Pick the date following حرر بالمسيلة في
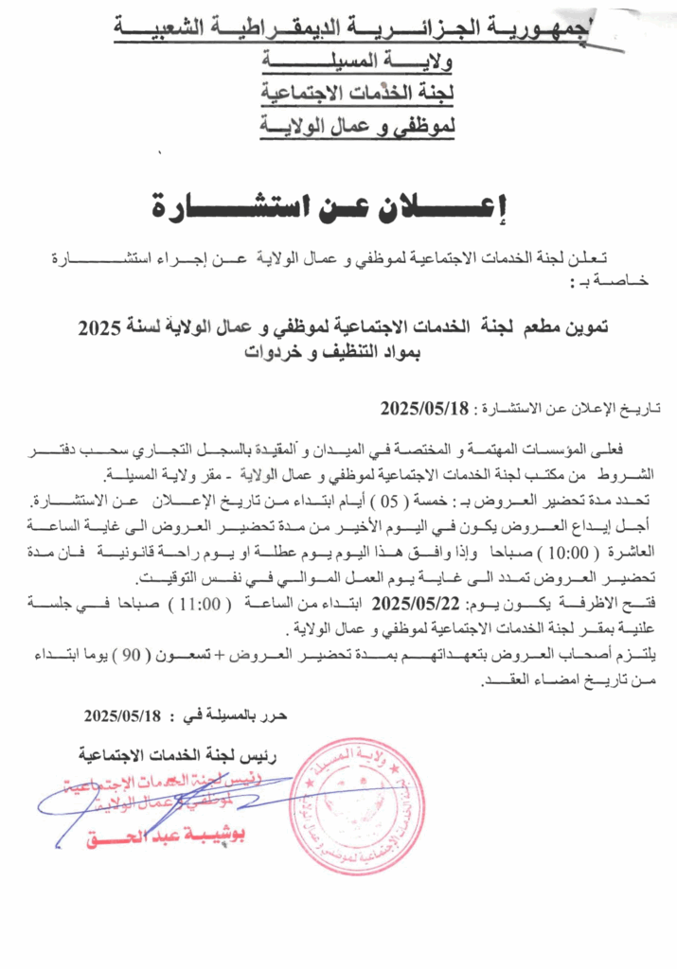tap(124, 714)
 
